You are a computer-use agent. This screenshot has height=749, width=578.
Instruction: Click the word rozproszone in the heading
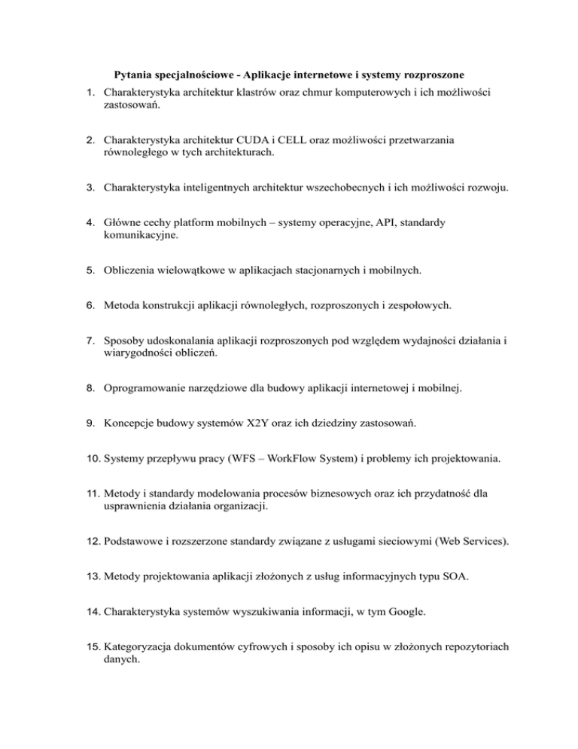(431, 75)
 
